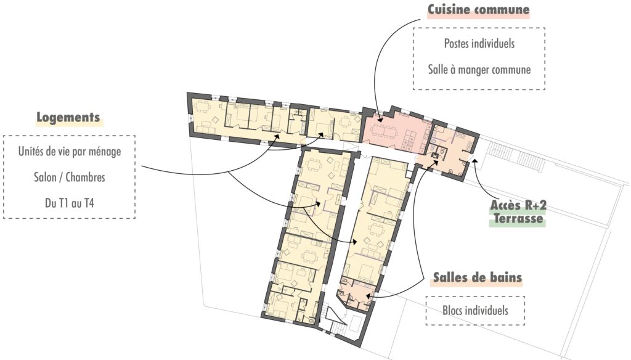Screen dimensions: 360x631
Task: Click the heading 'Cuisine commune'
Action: point(479,10)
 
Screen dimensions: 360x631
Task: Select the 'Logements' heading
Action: point(68,118)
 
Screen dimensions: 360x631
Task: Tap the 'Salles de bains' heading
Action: point(477,277)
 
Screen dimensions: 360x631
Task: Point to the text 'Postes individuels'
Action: point(479,44)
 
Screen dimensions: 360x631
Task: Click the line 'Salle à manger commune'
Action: point(479,70)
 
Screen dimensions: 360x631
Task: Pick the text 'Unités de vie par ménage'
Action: point(69,152)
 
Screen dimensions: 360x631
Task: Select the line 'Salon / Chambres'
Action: point(69,178)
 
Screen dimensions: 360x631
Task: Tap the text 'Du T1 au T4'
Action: point(69,203)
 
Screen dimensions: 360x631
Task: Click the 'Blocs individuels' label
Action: point(475,311)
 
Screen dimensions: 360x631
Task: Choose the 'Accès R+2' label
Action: point(517,205)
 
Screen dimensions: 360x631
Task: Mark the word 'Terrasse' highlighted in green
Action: point(518,218)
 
